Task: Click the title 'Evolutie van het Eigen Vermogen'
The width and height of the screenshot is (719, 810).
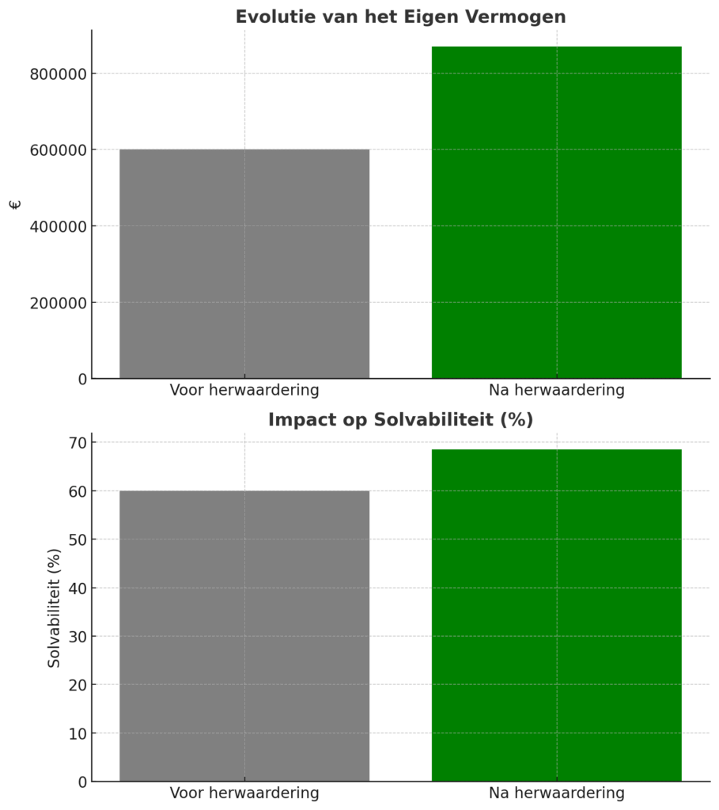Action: click(x=400, y=17)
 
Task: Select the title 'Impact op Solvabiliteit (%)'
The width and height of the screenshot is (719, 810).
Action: click(x=400, y=419)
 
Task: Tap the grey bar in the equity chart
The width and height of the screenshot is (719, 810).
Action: click(x=244, y=263)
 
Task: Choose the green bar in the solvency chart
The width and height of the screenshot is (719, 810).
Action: click(x=556, y=615)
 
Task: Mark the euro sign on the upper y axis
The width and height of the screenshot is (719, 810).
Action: click(x=15, y=205)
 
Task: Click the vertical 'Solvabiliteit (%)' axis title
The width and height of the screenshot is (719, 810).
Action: click(x=54, y=607)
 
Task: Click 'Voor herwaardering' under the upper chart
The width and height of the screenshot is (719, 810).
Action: click(x=244, y=390)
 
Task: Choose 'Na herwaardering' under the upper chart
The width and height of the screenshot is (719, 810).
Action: click(x=556, y=390)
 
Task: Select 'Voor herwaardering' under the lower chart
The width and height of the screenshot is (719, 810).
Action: click(x=244, y=793)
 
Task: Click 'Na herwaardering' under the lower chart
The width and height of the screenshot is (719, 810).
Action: click(x=556, y=793)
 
